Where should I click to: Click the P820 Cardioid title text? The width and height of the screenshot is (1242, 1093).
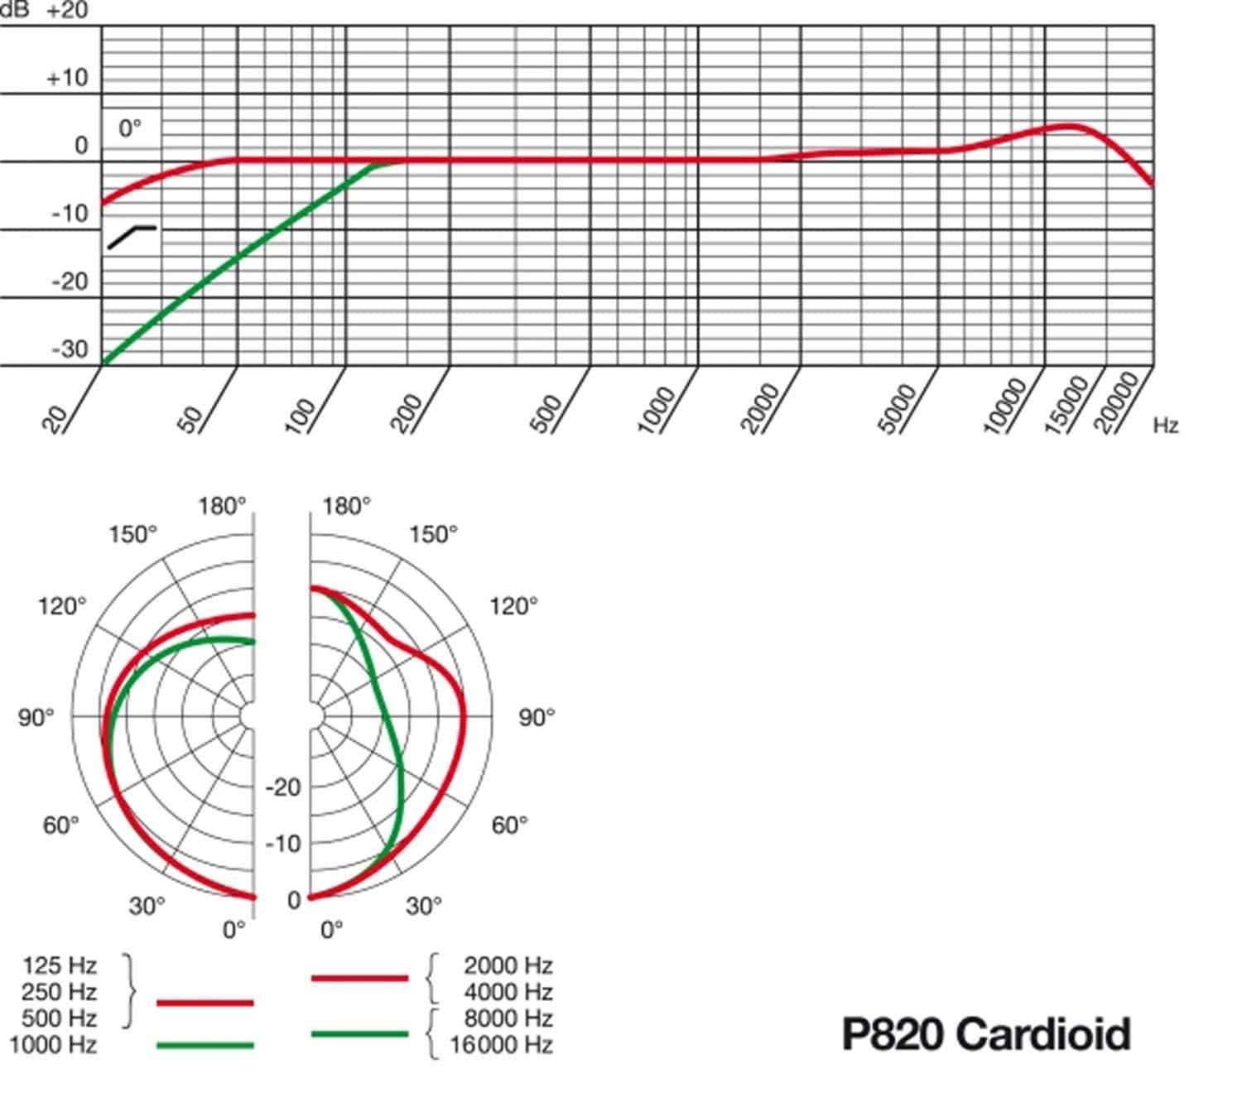985,1034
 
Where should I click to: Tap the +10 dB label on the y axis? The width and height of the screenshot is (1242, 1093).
66,79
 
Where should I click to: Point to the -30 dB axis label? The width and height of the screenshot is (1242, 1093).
69,349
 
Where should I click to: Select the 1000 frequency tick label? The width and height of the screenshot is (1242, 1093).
658,409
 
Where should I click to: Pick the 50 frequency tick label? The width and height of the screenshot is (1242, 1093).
191,419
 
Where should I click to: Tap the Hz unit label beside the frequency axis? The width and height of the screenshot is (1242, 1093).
1165,426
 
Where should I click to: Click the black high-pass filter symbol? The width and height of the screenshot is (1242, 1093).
131,236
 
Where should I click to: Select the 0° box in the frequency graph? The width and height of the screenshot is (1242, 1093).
130,128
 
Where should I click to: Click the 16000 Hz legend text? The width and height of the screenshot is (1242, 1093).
502,1045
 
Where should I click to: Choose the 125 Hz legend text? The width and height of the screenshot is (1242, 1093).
60,965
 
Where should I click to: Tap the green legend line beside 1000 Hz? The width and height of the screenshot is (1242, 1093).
205,1045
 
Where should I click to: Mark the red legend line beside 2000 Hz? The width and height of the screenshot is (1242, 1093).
359,978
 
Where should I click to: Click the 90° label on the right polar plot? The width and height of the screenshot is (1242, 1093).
537,717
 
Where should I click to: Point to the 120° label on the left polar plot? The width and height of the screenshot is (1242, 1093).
61,607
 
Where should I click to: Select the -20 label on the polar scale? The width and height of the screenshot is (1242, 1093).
283,787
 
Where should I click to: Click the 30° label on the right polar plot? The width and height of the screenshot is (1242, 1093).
423,906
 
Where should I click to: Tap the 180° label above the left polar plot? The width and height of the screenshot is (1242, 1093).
221,506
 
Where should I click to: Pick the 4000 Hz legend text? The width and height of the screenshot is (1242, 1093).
508,992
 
